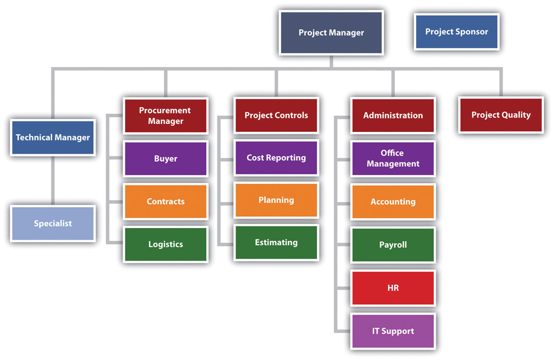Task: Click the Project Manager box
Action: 331,33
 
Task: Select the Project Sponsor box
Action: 456,32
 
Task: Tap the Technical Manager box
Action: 53,137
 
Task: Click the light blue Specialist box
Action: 53,223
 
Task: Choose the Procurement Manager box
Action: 165,115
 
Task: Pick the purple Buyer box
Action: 165,159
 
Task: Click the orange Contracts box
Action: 165,201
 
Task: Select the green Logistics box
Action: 165,244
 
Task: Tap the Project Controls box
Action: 276,115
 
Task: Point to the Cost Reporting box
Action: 276,158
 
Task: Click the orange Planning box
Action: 276,200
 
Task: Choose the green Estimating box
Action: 276,242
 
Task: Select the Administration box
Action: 393,115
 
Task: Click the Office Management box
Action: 393,159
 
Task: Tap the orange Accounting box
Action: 393,202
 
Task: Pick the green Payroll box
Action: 393,245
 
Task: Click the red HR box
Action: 393,288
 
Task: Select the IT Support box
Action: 393,331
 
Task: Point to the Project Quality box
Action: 501,115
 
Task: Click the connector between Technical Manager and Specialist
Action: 53,180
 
